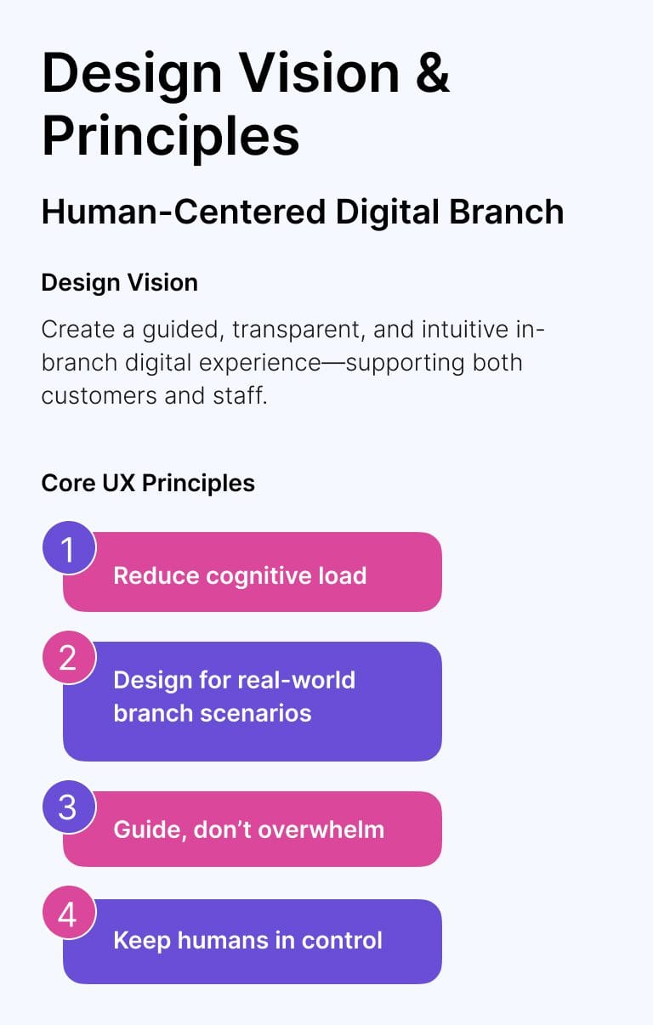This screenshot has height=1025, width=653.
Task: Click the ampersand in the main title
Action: [432, 73]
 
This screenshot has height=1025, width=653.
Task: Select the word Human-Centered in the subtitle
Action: [184, 212]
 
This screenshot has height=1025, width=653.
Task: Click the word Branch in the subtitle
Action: [507, 212]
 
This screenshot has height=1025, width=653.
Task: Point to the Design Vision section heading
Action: [120, 283]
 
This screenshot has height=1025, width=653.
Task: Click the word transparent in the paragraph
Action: [298, 330]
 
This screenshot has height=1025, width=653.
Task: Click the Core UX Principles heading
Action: [148, 484]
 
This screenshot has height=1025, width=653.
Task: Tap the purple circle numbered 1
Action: [69, 547]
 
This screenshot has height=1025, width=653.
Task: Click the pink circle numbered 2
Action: [69, 658]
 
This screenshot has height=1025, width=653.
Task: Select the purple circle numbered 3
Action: [69, 807]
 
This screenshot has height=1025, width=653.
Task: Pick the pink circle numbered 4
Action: [69, 913]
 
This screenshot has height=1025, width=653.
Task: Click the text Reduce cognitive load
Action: [240, 576]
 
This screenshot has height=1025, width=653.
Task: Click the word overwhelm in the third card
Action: [321, 830]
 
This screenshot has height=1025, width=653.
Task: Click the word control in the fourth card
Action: [342, 941]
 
